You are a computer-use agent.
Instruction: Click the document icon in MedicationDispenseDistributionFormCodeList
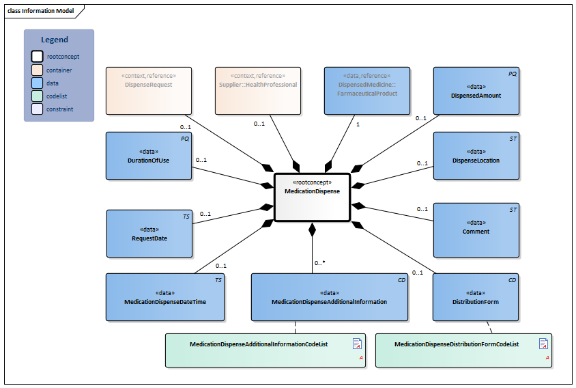pos(543,344)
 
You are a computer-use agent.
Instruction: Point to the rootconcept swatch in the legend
pos(38,57)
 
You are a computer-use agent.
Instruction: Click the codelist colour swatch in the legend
pos(38,96)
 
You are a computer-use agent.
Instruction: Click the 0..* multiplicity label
pos(319,262)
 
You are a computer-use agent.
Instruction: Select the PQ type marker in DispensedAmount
pos(513,72)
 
